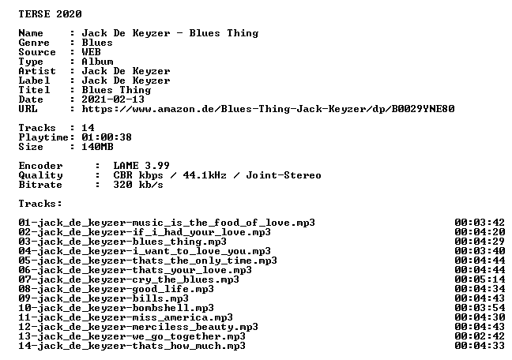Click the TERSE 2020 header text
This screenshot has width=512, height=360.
pos(50,14)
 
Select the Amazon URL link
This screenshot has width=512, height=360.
pos(268,109)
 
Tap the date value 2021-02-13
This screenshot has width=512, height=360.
pos(113,99)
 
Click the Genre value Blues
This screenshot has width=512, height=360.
pos(97,43)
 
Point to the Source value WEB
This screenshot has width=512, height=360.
pos(91,52)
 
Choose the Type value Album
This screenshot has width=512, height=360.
pos(97,62)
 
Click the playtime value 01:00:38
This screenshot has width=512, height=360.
pos(107,137)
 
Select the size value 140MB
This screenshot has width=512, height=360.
pos(97,147)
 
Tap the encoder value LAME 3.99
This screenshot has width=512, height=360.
pos(141,166)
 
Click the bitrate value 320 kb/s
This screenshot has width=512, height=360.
pos(138,185)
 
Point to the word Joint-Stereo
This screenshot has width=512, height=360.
pos(284,175)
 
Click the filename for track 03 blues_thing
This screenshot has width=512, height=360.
pos(122,242)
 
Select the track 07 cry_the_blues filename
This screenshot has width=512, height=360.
pos(129,279)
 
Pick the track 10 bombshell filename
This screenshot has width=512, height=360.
pos(116,308)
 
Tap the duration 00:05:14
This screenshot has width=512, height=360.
pos(480,279)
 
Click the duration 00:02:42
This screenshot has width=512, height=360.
pos(480,336)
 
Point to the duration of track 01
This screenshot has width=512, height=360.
pos(480,223)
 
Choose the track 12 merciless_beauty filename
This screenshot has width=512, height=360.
pos(138,327)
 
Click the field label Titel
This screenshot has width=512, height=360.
pos(34,90)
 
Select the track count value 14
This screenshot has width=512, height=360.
pos(88,128)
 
